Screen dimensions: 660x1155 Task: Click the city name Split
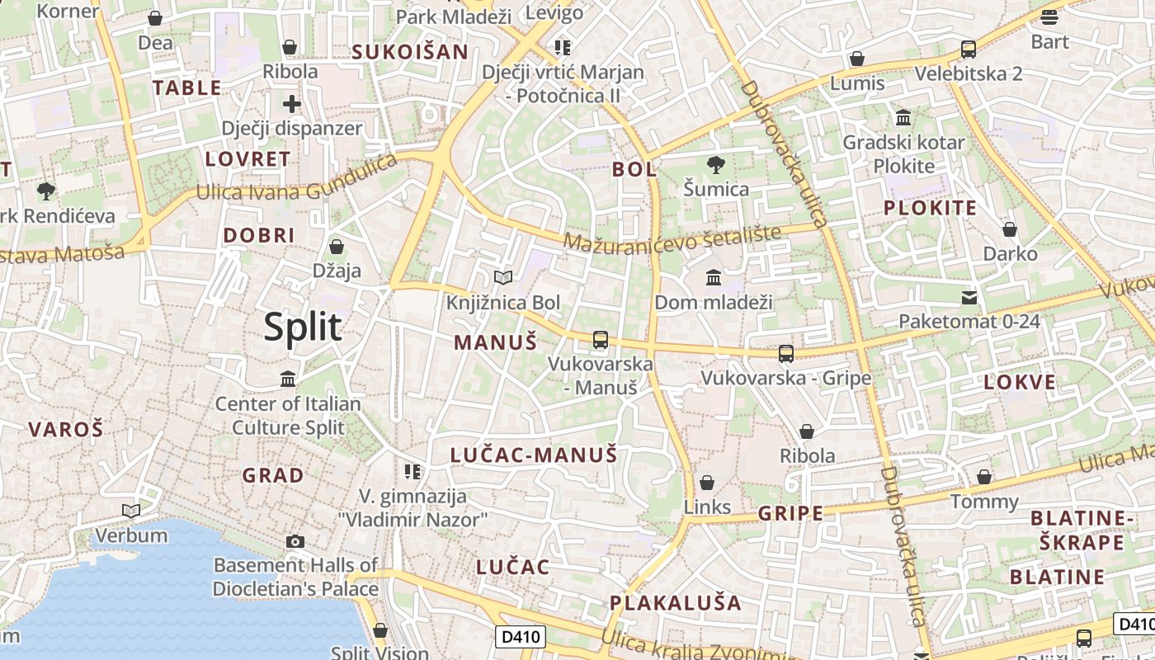(x=302, y=328)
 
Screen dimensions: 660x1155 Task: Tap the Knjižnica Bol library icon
(x=502, y=278)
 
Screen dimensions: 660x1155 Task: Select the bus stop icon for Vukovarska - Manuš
(x=601, y=339)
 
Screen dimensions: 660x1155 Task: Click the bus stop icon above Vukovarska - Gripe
(x=786, y=354)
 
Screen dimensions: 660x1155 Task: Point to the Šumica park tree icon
(x=716, y=165)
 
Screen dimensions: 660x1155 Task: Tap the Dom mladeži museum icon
(x=714, y=277)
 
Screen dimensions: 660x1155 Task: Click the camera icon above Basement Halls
(x=295, y=541)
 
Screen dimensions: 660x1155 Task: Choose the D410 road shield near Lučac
(x=521, y=636)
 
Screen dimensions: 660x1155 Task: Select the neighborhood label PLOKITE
(x=930, y=208)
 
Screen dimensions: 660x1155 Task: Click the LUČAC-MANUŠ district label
(x=533, y=455)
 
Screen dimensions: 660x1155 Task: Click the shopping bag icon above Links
(x=707, y=483)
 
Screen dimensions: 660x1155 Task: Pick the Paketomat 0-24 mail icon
(x=969, y=297)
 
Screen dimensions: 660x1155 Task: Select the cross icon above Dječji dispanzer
(x=292, y=104)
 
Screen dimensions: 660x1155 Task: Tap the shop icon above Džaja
(x=337, y=247)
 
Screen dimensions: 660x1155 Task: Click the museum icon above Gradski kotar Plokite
(x=903, y=118)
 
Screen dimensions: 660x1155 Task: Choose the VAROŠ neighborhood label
(x=66, y=429)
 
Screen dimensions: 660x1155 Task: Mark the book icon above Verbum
(x=131, y=511)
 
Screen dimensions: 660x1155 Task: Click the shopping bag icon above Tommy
(x=984, y=477)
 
